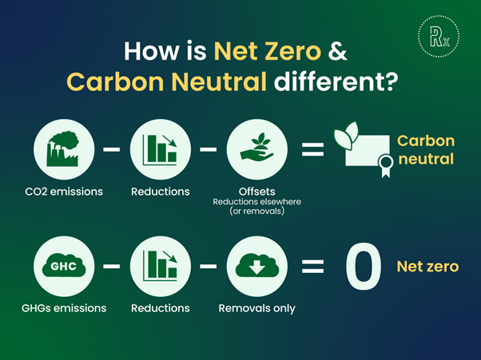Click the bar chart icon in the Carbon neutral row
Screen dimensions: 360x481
160,150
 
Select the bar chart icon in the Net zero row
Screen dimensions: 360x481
160,266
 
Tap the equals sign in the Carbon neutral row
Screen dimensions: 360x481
312,150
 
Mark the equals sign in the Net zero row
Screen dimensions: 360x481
312,267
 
